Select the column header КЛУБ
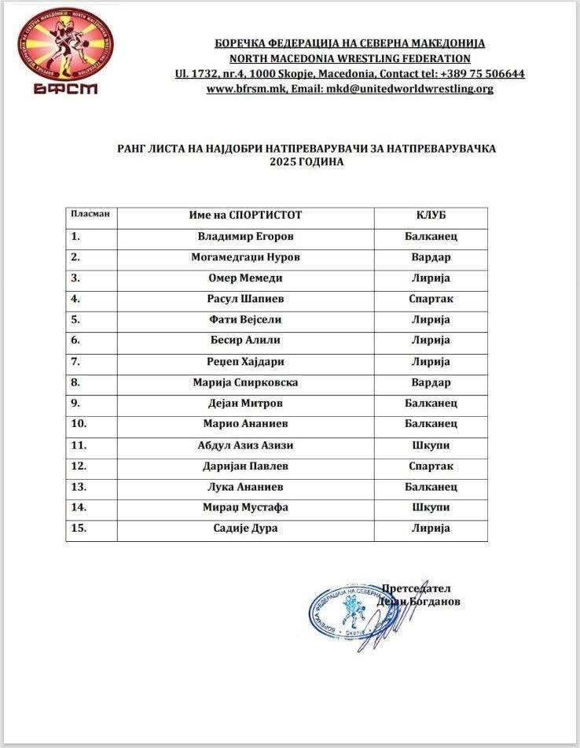pyautogui.click(x=431, y=215)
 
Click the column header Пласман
pyautogui.click(x=90, y=214)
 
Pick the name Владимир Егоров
pyautogui.click(x=245, y=236)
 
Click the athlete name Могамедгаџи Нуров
pyautogui.click(x=245, y=257)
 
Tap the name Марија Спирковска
pyautogui.click(x=245, y=382)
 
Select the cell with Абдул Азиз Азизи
pyautogui.click(x=245, y=445)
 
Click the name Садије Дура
pyautogui.click(x=245, y=529)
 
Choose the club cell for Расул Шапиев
pyautogui.click(x=431, y=299)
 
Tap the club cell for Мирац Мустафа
pyautogui.click(x=431, y=507)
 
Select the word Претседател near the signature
pyautogui.click(x=416, y=588)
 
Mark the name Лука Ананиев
pyautogui.click(x=245, y=487)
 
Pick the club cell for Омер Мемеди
pyautogui.click(x=431, y=278)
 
